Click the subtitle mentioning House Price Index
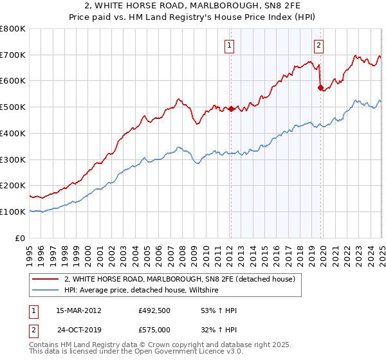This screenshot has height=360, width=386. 193,18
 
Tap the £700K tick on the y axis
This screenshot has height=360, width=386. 13,55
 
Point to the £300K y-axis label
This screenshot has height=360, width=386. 13,159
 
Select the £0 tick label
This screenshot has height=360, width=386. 21,238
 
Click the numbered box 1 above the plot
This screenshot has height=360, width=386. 230,45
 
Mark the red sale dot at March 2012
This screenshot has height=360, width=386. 231,109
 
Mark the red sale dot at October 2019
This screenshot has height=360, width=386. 320,87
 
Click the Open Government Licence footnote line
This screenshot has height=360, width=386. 123,353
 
